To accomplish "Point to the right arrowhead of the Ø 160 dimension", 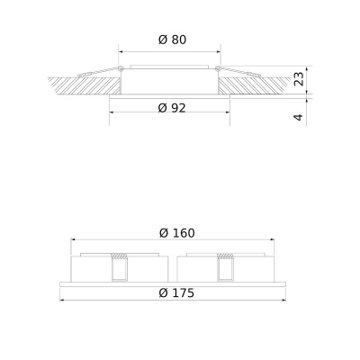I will click(273, 240).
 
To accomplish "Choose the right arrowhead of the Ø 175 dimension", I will click(284, 299).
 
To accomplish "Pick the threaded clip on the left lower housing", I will click(117, 267).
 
